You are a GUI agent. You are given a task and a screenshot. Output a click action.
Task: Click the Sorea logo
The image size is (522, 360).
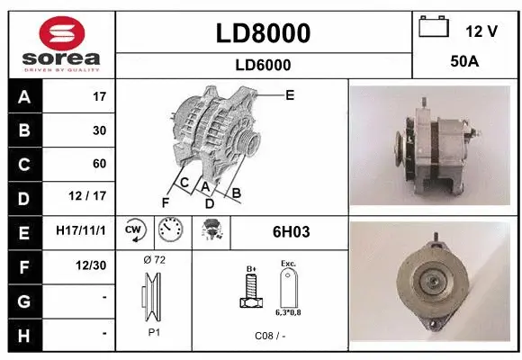pyautogui.click(x=60, y=42)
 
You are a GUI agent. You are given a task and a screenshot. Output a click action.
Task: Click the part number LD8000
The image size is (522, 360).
pyautogui.click(x=264, y=33)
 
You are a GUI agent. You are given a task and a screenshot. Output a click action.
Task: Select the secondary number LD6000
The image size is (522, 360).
pyautogui.click(x=264, y=65)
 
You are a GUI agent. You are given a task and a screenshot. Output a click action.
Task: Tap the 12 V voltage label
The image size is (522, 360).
pyautogui.click(x=481, y=31)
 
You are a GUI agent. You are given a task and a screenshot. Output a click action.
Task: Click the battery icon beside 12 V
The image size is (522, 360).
pyautogui.click(x=434, y=28)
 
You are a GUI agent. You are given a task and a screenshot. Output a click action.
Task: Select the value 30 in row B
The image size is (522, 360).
pyautogui.click(x=99, y=130)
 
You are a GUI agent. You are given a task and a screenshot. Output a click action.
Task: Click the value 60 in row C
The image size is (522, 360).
pyautogui.click(x=99, y=164)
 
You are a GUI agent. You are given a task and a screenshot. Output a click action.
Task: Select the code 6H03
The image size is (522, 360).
pyautogui.click(x=291, y=232)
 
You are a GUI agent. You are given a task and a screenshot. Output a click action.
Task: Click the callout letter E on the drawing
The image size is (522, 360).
pyautogui.click(x=290, y=94)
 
